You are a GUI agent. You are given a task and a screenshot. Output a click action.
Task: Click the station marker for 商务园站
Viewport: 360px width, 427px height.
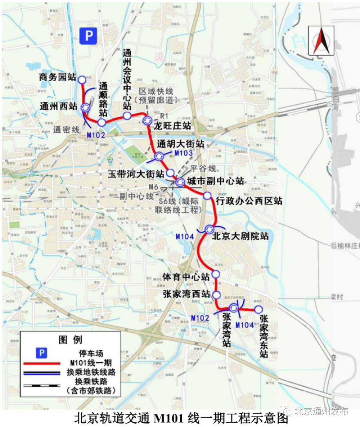coord(82,80)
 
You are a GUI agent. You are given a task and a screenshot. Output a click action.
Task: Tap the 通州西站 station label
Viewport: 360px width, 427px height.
coord(59,106)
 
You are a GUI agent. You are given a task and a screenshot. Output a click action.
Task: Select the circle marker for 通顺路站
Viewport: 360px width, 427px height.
coord(102,122)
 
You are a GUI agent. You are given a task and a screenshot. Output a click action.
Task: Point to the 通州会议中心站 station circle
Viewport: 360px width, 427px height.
coord(127,115)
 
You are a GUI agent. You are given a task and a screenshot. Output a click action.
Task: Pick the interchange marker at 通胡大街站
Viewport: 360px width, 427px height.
coord(159,156)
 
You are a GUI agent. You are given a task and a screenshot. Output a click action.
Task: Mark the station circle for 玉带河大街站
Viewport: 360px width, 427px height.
coord(170,173)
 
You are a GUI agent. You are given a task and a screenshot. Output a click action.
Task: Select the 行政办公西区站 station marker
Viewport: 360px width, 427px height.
coord(207,196)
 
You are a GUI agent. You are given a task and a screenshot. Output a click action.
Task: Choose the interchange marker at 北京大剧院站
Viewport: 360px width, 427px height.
coord(210,229)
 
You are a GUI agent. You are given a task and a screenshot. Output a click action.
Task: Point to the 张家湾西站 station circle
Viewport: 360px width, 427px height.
coord(216,295)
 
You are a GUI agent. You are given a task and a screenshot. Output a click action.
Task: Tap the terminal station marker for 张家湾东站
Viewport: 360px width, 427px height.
coord(258,309)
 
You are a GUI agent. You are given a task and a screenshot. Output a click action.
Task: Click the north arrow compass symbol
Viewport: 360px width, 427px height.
coord(321,41)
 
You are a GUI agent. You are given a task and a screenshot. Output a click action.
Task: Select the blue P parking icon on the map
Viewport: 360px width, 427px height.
coord(88,36)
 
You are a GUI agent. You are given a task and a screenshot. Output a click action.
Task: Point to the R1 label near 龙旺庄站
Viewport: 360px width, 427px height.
coord(164,115)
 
